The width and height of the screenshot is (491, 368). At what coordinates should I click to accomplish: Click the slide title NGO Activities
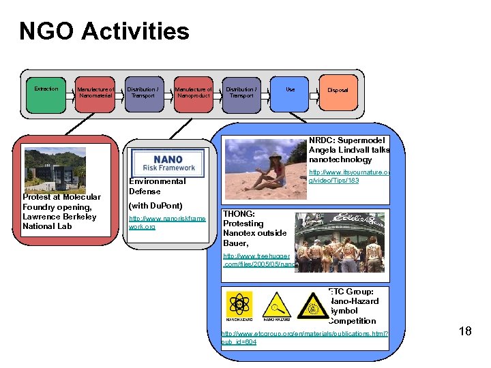pyautogui.click(x=104, y=31)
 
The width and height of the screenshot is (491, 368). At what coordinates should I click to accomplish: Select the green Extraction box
pyautogui.click(x=46, y=95)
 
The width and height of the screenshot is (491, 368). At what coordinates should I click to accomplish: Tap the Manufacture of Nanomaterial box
pyautogui.click(x=95, y=95)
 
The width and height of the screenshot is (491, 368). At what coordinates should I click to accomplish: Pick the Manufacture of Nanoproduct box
pyautogui.click(x=194, y=95)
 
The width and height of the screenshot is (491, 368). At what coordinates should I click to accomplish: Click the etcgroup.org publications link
pyautogui.click(x=304, y=337)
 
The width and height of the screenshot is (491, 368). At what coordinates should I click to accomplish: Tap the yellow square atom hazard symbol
pyautogui.click(x=240, y=305)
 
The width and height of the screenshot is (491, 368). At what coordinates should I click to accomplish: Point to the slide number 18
pyautogui.click(x=465, y=331)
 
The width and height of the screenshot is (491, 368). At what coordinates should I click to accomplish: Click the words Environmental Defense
pyautogui.click(x=157, y=186)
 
